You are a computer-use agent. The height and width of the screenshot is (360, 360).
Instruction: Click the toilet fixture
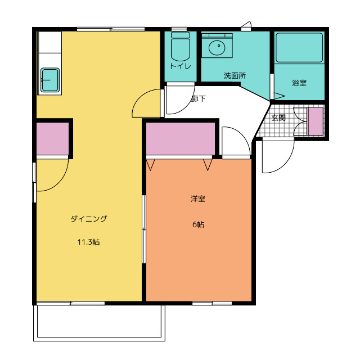point(181,47)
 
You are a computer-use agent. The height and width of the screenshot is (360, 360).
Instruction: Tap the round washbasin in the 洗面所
point(217,47)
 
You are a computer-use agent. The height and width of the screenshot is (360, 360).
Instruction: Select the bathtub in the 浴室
point(299,48)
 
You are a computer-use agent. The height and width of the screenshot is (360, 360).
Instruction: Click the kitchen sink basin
point(50,80)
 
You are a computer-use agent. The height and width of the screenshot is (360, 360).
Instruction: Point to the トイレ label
point(181,66)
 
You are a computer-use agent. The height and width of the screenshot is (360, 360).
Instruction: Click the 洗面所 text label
point(235,75)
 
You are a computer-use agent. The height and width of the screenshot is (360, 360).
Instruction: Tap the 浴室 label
point(299,83)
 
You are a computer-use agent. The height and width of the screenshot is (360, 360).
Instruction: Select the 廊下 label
point(199,99)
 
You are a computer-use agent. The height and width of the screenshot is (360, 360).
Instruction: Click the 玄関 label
point(278,118)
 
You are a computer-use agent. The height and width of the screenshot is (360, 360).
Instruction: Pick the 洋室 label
point(198,199)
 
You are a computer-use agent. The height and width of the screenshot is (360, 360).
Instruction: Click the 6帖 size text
point(198,224)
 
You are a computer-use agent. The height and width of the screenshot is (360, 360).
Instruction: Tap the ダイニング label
point(89,219)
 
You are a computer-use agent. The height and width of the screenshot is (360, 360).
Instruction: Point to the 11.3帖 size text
point(88,242)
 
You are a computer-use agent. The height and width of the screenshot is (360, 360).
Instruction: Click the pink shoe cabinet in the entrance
point(315,121)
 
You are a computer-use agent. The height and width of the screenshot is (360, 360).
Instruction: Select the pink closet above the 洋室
point(181,139)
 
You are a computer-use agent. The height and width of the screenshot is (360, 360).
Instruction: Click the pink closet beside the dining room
point(52,139)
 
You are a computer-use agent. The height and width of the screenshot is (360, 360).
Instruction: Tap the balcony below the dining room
point(99,322)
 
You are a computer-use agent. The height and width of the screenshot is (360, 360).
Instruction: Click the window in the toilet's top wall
point(179,29)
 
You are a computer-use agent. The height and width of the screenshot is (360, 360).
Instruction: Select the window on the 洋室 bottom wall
point(212,303)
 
